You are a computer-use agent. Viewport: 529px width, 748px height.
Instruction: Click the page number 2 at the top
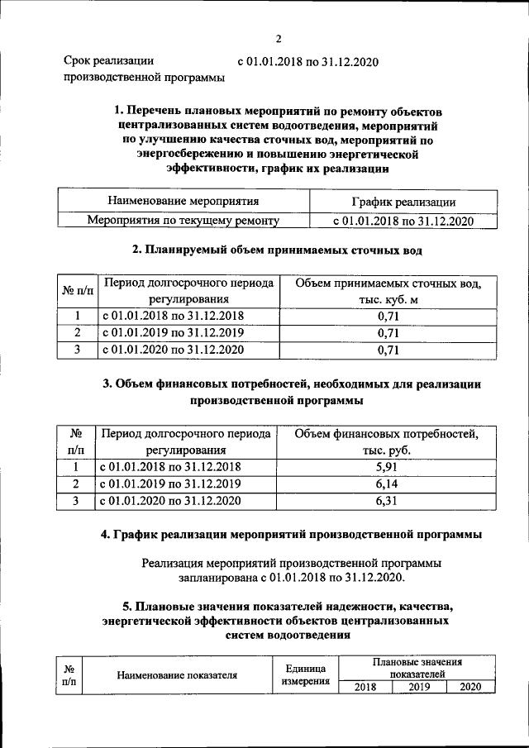(279, 38)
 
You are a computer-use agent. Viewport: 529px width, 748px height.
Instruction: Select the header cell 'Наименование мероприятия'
(183, 201)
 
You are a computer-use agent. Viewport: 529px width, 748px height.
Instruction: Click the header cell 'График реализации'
(403, 202)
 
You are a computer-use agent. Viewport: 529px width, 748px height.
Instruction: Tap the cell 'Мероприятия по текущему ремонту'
(183, 221)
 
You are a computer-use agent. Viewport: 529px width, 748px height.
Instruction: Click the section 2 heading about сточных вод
(279, 249)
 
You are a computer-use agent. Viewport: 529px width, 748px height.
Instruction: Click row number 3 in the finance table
(75, 501)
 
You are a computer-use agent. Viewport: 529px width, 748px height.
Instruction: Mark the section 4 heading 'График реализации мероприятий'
(292, 536)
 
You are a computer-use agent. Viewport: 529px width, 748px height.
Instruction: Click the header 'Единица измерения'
(305, 674)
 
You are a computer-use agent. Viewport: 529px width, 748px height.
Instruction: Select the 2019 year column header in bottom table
(419, 687)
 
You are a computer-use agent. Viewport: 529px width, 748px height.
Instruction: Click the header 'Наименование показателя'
(177, 674)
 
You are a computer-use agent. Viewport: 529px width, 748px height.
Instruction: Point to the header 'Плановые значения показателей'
(417, 668)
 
